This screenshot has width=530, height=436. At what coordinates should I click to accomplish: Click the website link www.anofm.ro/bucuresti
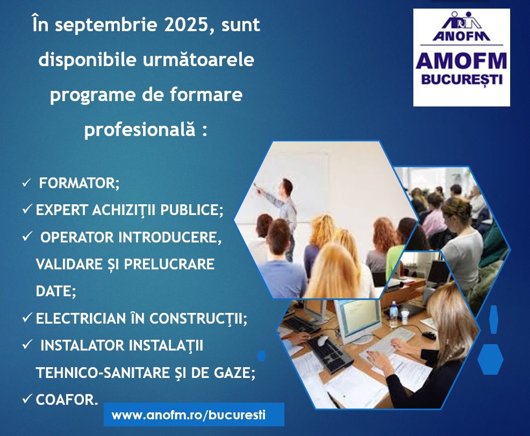(189, 414)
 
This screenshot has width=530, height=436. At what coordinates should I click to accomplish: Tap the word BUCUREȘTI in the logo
(462, 80)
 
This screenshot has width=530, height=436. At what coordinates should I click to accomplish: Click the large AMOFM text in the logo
(461, 61)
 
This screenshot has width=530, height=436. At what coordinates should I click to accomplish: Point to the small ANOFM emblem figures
(462, 20)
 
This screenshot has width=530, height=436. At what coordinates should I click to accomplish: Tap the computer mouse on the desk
(323, 341)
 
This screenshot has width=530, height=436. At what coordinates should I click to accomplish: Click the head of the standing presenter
(287, 185)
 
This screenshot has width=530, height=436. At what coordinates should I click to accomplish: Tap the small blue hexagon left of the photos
(261, 355)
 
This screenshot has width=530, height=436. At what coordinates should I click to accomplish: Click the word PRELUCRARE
(169, 264)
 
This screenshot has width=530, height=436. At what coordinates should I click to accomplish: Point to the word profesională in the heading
(140, 130)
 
